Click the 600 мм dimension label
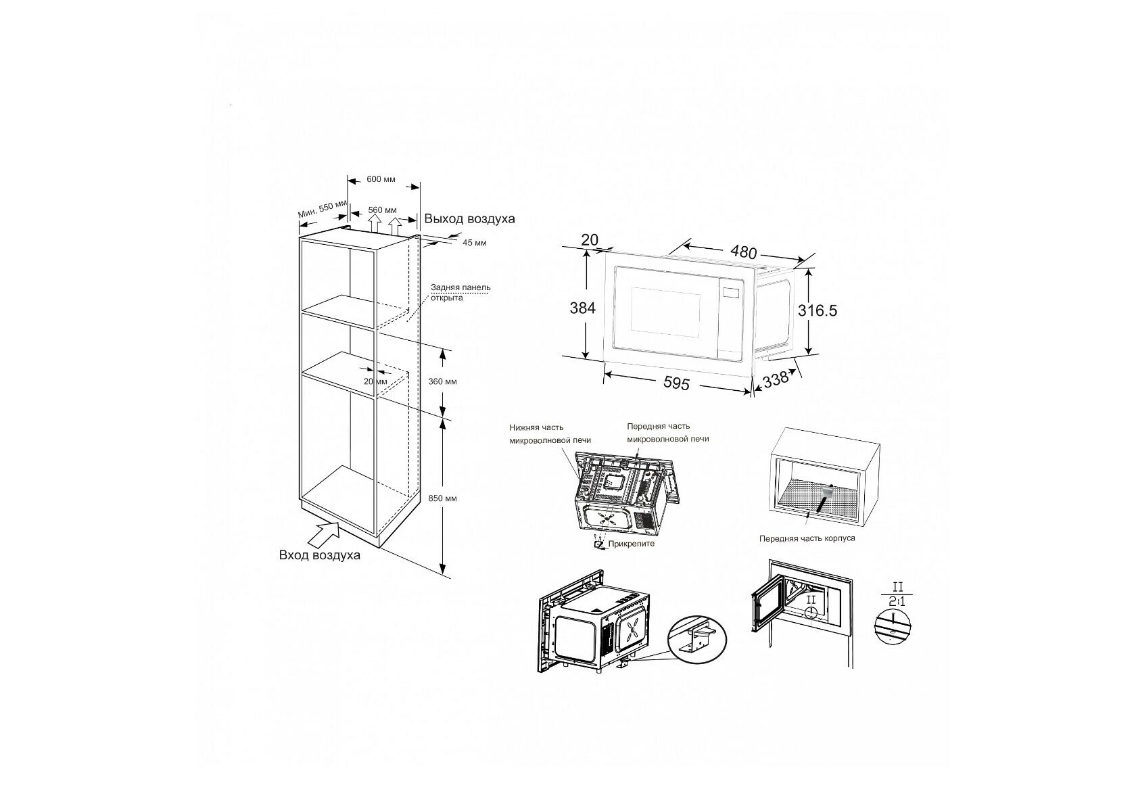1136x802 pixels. tap(381, 179)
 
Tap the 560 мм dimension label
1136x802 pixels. tap(382, 210)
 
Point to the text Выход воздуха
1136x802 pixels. tap(469, 219)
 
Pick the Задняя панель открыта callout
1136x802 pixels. tap(460, 293)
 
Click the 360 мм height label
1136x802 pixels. tap(443, 381)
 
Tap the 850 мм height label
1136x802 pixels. tap(443, 498)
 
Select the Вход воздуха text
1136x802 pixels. tap(320, 555)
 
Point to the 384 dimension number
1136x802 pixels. tap(582, 308)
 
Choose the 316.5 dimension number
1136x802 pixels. tap(818, 310)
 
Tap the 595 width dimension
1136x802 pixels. tap(676, 383)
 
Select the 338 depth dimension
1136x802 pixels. tap(776, 379)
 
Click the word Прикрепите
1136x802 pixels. tap(632, 544)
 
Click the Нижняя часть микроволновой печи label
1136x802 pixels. tap(537, 433)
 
